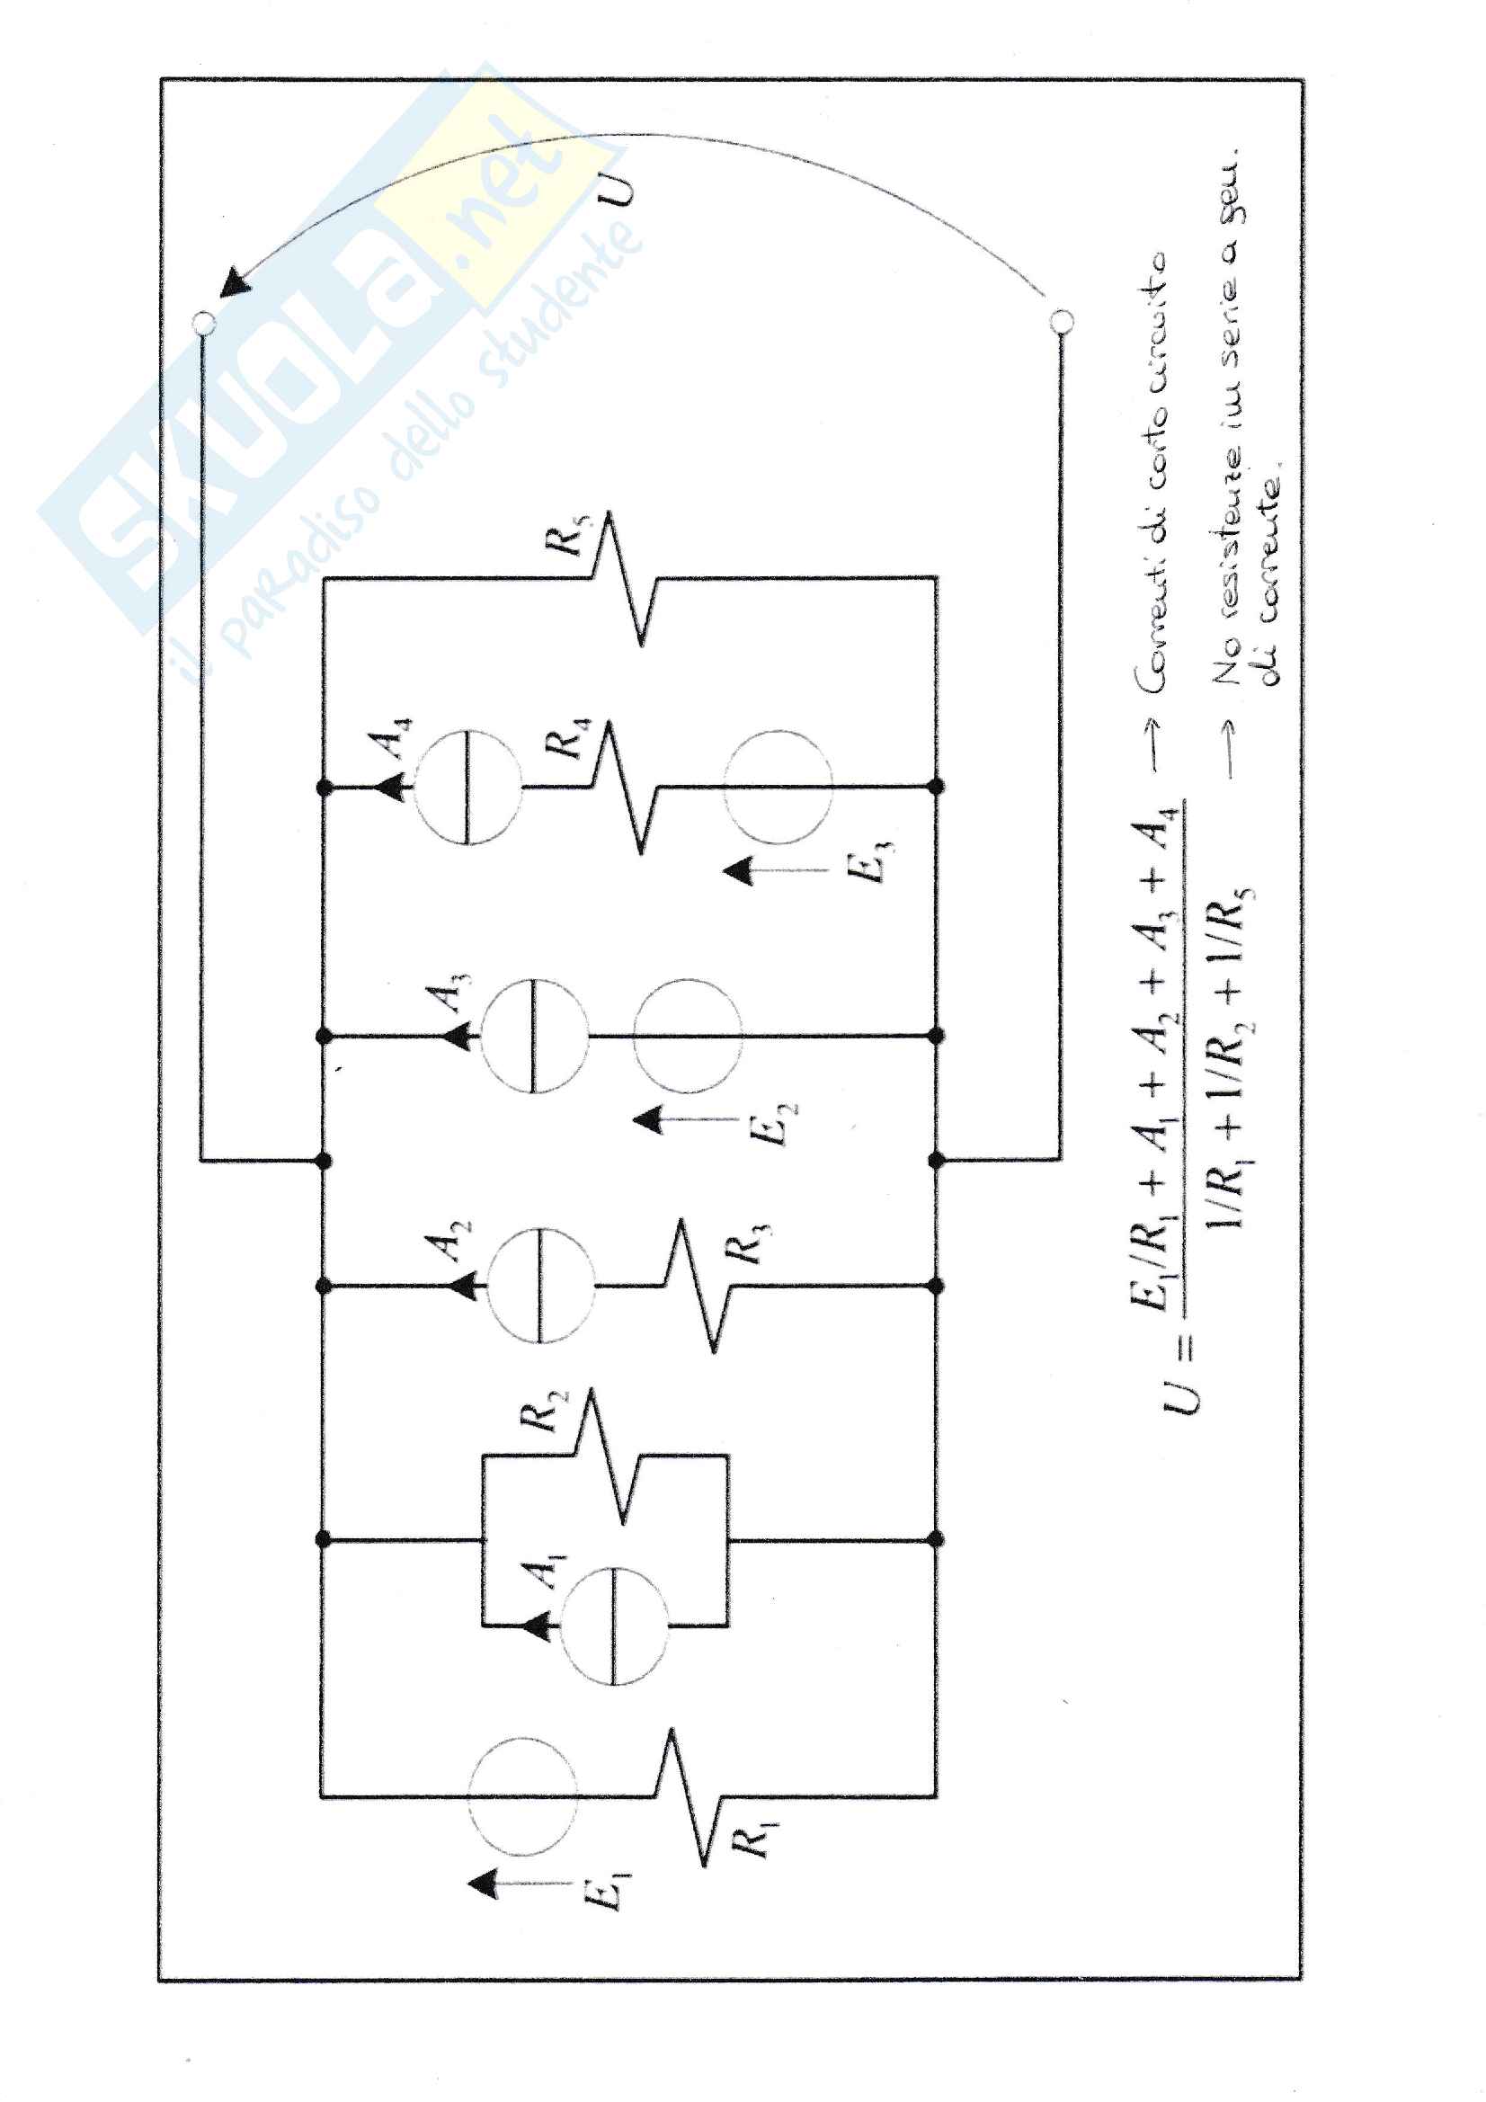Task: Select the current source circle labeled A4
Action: click(x=467, y=787)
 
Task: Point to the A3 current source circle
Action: click(x=534, y=1036)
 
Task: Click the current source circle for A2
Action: click(x=540, y=1286)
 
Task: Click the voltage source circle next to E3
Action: click(x=779, y=787)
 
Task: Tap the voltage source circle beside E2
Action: click(x=687, y=1036)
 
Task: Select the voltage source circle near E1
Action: click(x=522, y=1796)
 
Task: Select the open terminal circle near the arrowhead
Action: click(x=204, y=322)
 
